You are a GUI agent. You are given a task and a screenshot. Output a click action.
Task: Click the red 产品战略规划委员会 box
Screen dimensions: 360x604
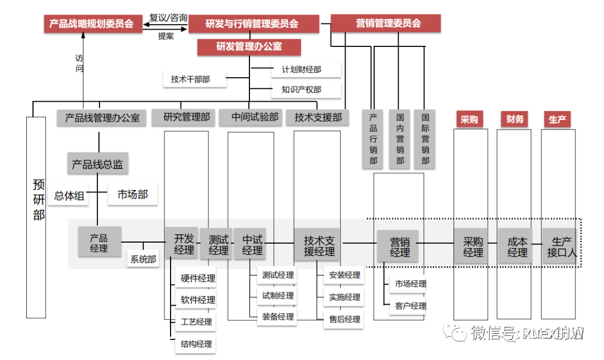(x=91, y=23)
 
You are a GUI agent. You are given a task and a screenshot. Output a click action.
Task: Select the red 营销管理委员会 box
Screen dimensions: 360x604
(x=386, y=23)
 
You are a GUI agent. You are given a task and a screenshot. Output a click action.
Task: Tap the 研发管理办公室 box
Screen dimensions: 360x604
(x=249, y=46)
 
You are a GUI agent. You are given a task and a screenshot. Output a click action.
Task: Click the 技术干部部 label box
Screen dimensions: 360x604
(x=191, y=79)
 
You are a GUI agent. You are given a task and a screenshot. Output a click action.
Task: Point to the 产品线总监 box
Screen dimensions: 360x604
(x=97, y=164)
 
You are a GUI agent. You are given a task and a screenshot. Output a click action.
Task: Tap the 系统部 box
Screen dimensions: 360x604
(x=143, y=259)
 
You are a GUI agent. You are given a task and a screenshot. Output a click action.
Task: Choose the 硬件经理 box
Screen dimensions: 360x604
(x=197, y=278)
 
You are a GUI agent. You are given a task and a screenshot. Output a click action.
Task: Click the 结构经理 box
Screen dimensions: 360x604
(x=196, y=344)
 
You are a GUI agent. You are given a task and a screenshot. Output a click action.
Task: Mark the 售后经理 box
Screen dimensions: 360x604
(x=345, y=319)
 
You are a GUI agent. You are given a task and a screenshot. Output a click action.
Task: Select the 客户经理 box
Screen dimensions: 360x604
(x=410, y=306)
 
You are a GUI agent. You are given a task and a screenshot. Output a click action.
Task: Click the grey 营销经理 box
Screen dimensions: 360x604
(x=399, y=247)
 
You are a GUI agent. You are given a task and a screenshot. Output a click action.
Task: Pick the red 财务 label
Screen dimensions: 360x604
(x=515, y=119)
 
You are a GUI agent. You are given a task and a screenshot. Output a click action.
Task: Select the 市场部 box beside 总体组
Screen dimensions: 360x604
(x=132, y=195)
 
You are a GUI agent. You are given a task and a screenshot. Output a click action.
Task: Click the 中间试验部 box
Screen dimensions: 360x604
(x=255, y=117)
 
